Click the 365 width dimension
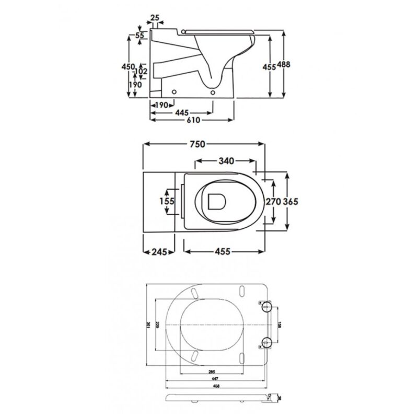291,201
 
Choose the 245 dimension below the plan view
156,252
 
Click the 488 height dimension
284,64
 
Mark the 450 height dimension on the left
128,67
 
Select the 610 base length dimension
193,120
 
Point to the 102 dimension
141,71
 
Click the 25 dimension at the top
155,18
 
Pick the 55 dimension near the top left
140,36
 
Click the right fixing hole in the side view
213,92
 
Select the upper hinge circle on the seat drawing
265,306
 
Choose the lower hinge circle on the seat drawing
265,343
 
